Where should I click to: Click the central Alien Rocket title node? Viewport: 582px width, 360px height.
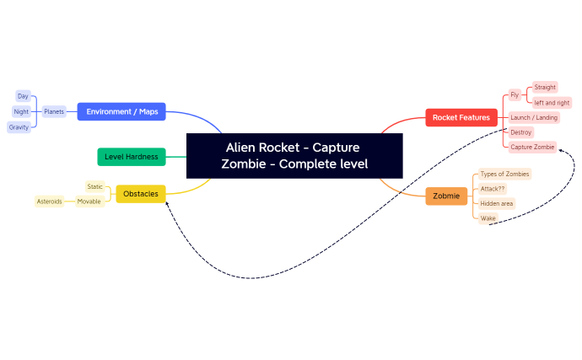[x=294, y=155]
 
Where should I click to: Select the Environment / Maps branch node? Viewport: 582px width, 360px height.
[x=121, y=111]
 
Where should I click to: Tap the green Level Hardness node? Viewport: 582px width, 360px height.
[x=131, y=156]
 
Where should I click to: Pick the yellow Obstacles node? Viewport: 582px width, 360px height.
[x=140, y=194]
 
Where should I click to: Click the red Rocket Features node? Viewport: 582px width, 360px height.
[x=461, y=118]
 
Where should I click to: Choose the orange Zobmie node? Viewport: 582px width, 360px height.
[x=446, y=196]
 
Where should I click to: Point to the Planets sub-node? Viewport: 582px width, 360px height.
[x=54, y=111]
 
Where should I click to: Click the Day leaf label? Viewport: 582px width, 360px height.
[x=23, y=96]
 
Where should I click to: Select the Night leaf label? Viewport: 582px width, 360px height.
[x=21, y=111]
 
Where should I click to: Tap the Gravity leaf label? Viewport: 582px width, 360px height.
[x=19, y=126]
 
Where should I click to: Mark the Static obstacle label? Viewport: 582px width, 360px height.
[x=94, y=186]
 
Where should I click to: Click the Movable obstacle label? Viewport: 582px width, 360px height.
[x=89, y=201]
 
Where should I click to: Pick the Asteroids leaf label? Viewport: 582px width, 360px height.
[x=49, y=201]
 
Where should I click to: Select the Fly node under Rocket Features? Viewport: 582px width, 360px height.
[x=515, y=94]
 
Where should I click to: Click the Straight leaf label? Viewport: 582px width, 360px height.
[x=545, y=87]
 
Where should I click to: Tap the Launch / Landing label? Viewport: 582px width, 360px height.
[x=533, y=117]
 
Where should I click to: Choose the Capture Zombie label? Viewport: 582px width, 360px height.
[x=532, y=147]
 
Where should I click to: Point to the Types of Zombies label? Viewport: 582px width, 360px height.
[x=504, y=174]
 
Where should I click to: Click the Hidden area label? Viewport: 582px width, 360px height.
[x=497, y=203]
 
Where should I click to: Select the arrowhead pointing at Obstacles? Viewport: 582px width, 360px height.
[x=168, y=202]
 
